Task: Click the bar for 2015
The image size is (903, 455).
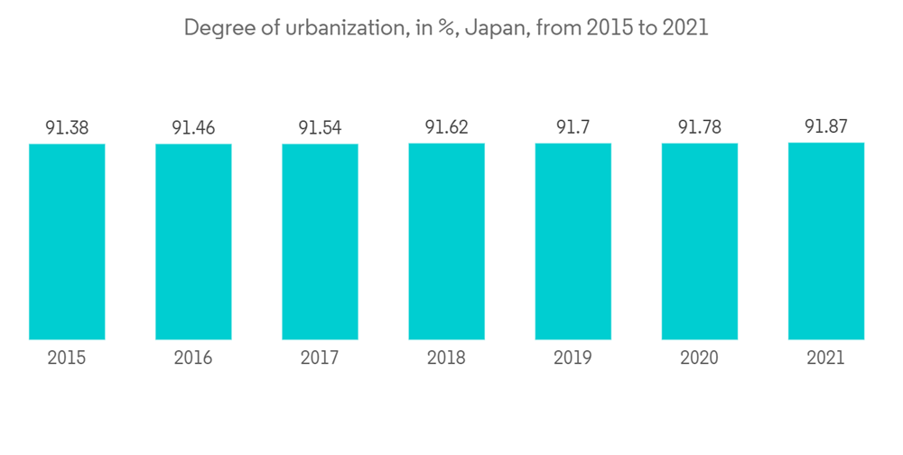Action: click(x=67, y=241)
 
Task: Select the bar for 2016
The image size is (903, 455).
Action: click(x=193, y=241)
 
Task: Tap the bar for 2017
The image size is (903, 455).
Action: click(x=320, y=241)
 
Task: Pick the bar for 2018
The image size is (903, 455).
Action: click(x=446, y=241)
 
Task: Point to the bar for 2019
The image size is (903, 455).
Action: click(x=573, y=241)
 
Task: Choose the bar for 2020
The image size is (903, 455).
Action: click(x=699, y=241)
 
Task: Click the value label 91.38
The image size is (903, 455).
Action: click(x=67, y=128)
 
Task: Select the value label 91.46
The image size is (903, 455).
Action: click(x=193, y=128)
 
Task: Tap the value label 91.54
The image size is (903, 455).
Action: click(x=320, y=128)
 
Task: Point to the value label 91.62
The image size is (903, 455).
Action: click(x=446, y=127)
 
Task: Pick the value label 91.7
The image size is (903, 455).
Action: click(x=573, y=127)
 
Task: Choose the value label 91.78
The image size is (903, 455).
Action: click(x=699, y=127)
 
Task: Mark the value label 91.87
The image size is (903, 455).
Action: click(x=826, y=126)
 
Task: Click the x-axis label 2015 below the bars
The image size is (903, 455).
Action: click(x=67, y=358)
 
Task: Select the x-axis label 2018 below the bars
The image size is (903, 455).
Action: click(x=446, y=358)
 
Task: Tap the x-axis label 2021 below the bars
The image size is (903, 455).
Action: click(x=826, y=358)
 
